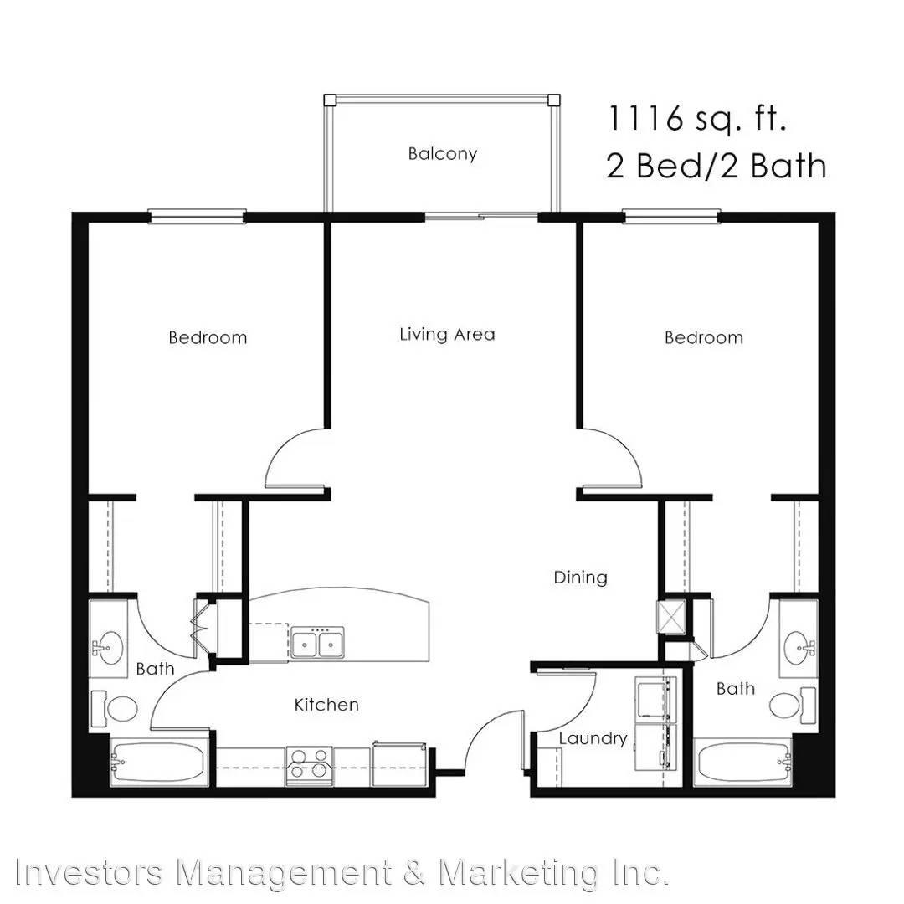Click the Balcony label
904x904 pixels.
click(x=442, y=154)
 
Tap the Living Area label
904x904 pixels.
click(x=447, y=334)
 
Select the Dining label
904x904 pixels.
click(x=581, y=578)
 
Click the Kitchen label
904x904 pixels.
click(x=326, y=705)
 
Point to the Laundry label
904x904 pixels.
click(x=593, y=739)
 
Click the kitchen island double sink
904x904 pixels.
click(x=317, y=643)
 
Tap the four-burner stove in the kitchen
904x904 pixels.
click(x=309, y=766)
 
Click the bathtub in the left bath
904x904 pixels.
click(x=157, y=762)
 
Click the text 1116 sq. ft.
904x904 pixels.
click(x=697, y=119)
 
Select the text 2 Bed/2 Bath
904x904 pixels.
click(x=716, y=165)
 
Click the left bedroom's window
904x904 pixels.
click(x=198, y=217)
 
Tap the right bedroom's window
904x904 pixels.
click(x=671, y=217)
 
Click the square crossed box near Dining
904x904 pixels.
click(x=671, y=614)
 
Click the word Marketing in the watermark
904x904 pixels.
click(x=518, y=872)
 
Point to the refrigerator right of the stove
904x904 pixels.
click(x=399, y=764)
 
